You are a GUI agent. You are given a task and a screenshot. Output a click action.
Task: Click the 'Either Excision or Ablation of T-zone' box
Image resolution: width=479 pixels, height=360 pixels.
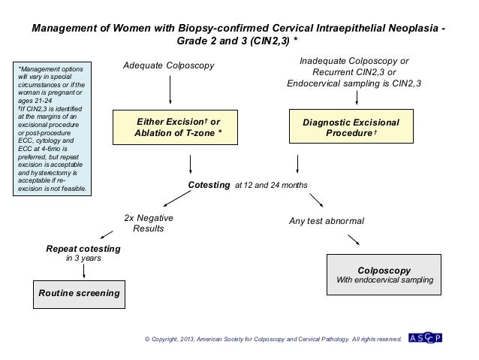[x=177, y=127]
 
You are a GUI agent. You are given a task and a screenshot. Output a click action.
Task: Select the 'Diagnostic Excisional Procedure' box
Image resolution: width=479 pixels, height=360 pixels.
[x=351, y=127]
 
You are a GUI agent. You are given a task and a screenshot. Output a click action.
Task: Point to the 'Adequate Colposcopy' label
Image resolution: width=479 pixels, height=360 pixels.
[x=170, y=66]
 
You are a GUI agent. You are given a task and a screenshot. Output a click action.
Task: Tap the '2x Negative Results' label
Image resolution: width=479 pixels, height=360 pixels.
[x=149, y=223]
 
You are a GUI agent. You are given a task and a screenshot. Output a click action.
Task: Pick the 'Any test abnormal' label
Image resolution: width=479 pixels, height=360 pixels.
[x=327, y=221]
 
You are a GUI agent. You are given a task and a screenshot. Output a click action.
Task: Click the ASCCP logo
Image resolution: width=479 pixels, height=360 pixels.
[x=425, y=338]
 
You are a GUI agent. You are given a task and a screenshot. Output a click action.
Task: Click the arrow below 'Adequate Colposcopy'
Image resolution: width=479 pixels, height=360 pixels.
[x=170, y=90]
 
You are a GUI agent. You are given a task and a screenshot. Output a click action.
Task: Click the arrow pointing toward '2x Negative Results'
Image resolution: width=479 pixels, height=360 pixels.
[x=177, y=199]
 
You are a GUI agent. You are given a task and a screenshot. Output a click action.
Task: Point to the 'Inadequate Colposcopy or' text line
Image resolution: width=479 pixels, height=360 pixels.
[x=354, y=60]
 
